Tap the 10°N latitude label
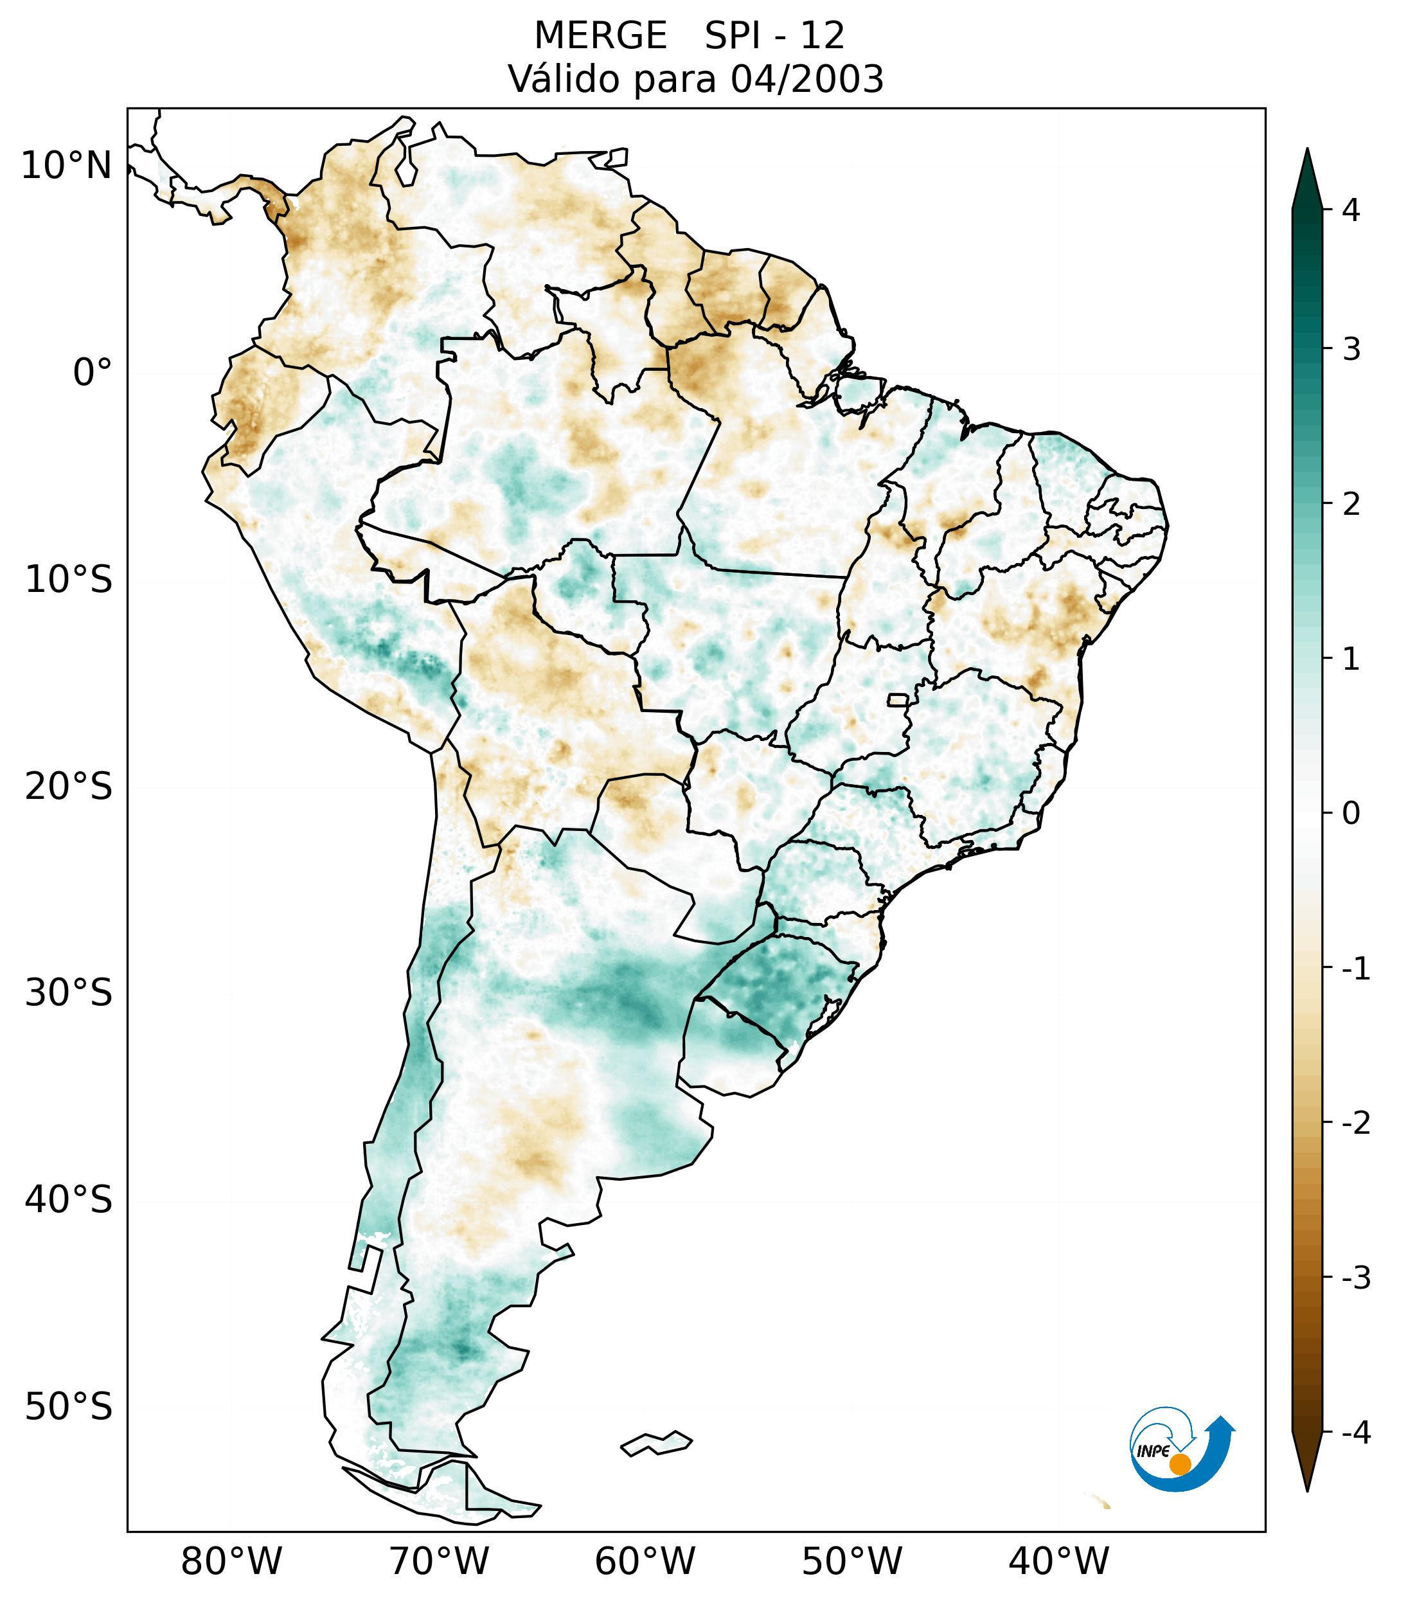67,166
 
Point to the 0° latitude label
93,373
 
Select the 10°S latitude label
69,580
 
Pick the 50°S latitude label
69,1408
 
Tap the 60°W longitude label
645,1562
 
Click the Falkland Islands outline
656,1444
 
